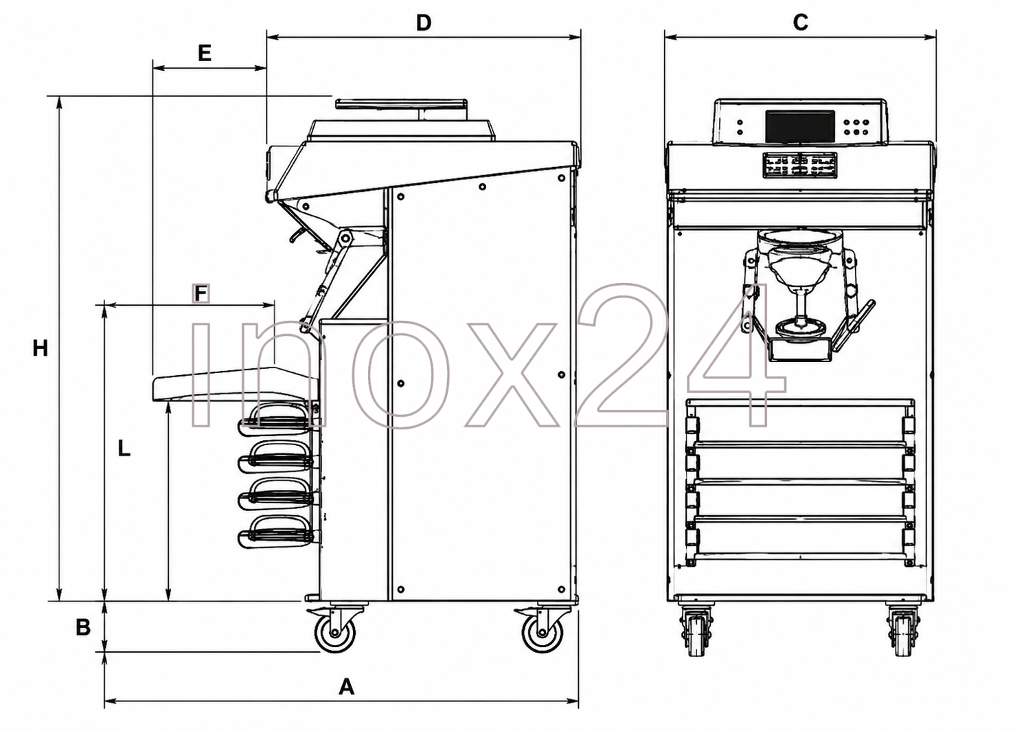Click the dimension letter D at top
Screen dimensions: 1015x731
423,22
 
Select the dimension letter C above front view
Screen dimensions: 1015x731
800,22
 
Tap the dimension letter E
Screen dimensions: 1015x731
205,54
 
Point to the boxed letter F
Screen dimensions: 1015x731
201,293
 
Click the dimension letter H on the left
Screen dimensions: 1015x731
40,348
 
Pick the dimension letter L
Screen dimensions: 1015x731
124,449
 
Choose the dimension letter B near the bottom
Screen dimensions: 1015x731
83,628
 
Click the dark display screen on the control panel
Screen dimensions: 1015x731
800,126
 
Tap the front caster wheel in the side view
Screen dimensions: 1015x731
335,633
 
